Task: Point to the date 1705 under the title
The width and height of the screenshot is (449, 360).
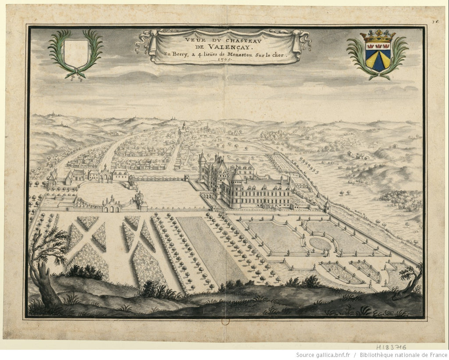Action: (x=224, y=61)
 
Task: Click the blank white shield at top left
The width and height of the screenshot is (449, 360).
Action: (x=75, y=53)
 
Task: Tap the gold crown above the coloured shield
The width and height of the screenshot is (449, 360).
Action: (x=378, y=37)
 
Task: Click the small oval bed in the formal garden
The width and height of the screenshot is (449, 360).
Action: (x=321, y=243)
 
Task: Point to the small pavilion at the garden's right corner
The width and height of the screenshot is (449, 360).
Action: (x=327, y=205)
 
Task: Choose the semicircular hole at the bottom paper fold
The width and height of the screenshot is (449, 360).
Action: (x=225, y=322)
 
